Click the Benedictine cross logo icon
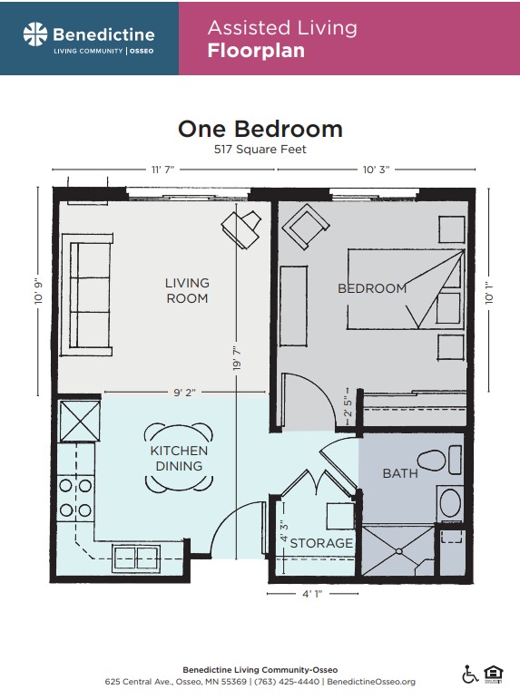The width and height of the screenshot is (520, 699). [35, 35]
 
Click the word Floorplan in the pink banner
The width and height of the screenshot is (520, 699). [256, 51]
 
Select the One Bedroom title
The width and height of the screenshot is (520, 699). [260, 129]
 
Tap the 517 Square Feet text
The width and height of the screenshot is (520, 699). [260, 150]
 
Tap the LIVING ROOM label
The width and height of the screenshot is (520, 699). [187, 290]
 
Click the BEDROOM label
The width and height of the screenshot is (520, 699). [372, 288]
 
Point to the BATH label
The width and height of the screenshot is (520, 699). [400, 472]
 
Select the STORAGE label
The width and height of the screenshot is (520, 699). [321, 543]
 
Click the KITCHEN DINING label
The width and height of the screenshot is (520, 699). [179, 458]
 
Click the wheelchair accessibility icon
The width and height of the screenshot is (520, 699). [470, 675]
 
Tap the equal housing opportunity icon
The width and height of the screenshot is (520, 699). [494, 675]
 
